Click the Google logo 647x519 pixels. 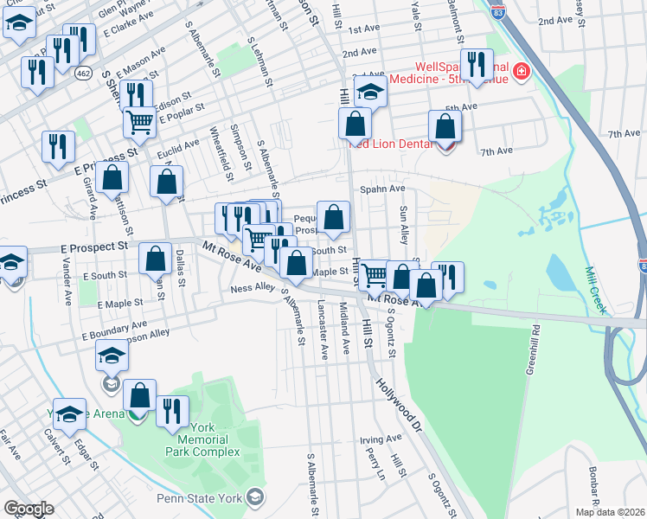(28, 509)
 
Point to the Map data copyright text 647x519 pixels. (609, 512)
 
